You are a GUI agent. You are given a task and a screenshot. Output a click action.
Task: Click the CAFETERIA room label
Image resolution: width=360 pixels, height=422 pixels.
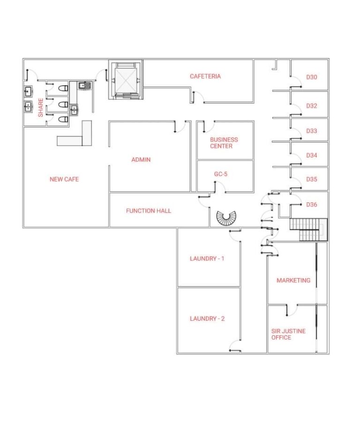pos(205,76)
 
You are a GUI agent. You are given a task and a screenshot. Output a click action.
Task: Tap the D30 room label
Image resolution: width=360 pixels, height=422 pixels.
pos(312,77)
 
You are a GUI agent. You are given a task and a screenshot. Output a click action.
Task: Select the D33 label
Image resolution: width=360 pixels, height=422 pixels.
pos(312,131)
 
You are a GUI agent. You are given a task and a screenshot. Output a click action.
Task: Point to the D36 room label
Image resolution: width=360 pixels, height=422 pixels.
pos(312,205)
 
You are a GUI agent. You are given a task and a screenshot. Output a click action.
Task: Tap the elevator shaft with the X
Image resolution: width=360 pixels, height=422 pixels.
pos(126,80)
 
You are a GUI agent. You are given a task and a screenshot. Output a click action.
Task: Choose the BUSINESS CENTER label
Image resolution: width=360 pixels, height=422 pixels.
pos(224,143)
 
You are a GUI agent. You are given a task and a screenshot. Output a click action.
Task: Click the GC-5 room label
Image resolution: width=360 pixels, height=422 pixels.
pos(221,174)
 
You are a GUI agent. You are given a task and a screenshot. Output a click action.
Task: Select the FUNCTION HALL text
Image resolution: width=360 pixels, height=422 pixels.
pos(149,211)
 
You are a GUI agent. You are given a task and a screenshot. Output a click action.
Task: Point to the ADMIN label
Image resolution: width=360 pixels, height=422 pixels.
pos(141,160)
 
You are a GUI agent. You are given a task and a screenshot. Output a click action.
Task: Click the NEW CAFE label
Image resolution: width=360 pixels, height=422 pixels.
pos(64,179)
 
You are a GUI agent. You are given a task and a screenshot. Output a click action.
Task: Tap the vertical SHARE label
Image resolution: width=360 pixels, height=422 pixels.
pos(41,108)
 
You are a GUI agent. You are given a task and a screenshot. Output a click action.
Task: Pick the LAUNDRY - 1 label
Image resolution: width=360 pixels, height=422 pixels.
pos(207,259)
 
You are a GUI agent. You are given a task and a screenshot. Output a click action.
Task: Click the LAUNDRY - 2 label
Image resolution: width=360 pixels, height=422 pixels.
pos(207,318)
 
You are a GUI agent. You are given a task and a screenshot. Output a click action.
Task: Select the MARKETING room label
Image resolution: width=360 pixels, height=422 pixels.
pos(293,281)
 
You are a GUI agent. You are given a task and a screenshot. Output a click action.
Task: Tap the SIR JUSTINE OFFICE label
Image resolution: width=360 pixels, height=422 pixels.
pos(288,334)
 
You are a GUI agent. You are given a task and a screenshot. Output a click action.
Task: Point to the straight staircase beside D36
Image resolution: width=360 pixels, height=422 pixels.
pos(308,230)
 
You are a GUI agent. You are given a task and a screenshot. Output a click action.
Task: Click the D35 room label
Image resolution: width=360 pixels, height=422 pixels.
pos(312,179)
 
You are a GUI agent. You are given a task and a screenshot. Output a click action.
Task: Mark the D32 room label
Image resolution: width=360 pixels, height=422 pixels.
pos(312,106)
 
